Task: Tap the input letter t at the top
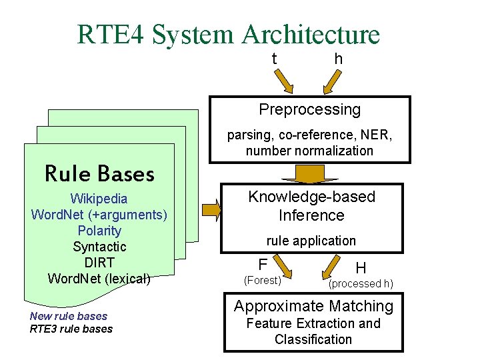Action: pyautogui.click(x=275, y=59)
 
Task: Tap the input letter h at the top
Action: pyautogui.click(x=339, y=59)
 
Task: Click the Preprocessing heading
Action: pyautogui.click(x=309, y=109)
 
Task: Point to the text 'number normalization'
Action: pyautogui.click(x=309, y=151)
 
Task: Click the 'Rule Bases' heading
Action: pyautogui.click(x=99, y=174)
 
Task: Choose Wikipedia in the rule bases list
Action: pyautogui.click(x=99, y=199)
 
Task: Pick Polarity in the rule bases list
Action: pyautogui.click(x=99, y=231)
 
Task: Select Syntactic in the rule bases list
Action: pyautogui.click(x=99, y=247)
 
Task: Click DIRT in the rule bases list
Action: pyautogui.click(x=99, y=263)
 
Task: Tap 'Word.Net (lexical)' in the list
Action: pyautogui.click(x=99, y=279)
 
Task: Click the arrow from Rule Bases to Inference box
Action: pyautogui.click(x=212, y=210)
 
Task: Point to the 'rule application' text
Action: pyautogui.click(x=311, y=241)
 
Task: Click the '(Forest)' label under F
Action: pyautogui.click(x=262, y=281)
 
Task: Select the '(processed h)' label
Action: pyautogui.click(x=361, y=284)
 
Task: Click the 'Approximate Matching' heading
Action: pyautogui.click(x=313, y=307)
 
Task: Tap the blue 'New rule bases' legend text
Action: pyautogui.click(x=68, y=316)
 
